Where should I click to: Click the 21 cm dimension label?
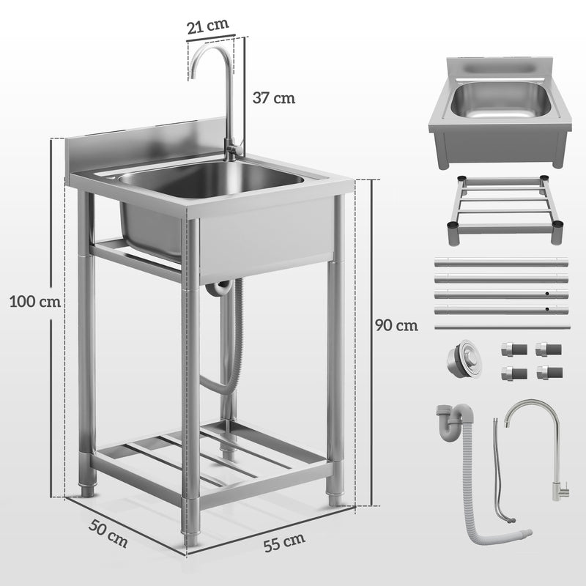(208, 26)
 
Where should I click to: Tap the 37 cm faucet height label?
(274, 97)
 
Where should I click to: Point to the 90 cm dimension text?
(396, 325)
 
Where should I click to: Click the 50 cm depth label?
(108, 533)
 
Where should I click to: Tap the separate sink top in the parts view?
(500, 117)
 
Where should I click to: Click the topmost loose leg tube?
(501, 262)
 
